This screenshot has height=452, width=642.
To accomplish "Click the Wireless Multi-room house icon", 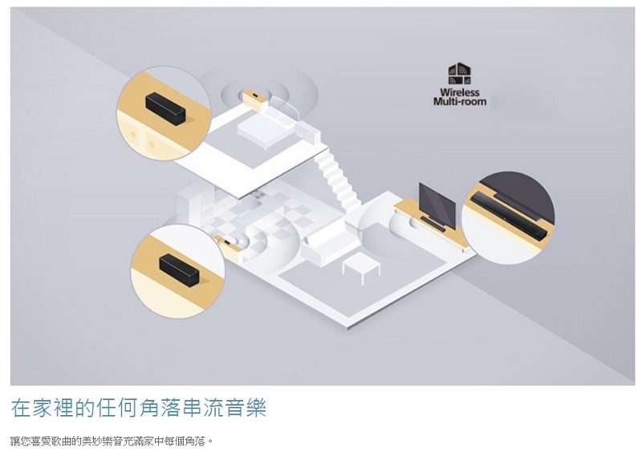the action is click(459, 74).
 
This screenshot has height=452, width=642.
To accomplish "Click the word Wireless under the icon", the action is click(459, 92).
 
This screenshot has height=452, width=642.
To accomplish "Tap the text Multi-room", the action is click(460, 102).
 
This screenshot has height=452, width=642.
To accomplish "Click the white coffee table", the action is click(361, 268).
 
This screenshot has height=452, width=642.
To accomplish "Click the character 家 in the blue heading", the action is click(43, 407).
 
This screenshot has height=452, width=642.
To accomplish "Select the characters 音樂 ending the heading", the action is click(245, 407).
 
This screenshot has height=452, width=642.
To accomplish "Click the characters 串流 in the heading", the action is click(202, 407).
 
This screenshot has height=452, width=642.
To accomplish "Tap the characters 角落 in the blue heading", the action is click(160, 407).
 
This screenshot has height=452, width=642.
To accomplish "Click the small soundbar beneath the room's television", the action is click(433, 224).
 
